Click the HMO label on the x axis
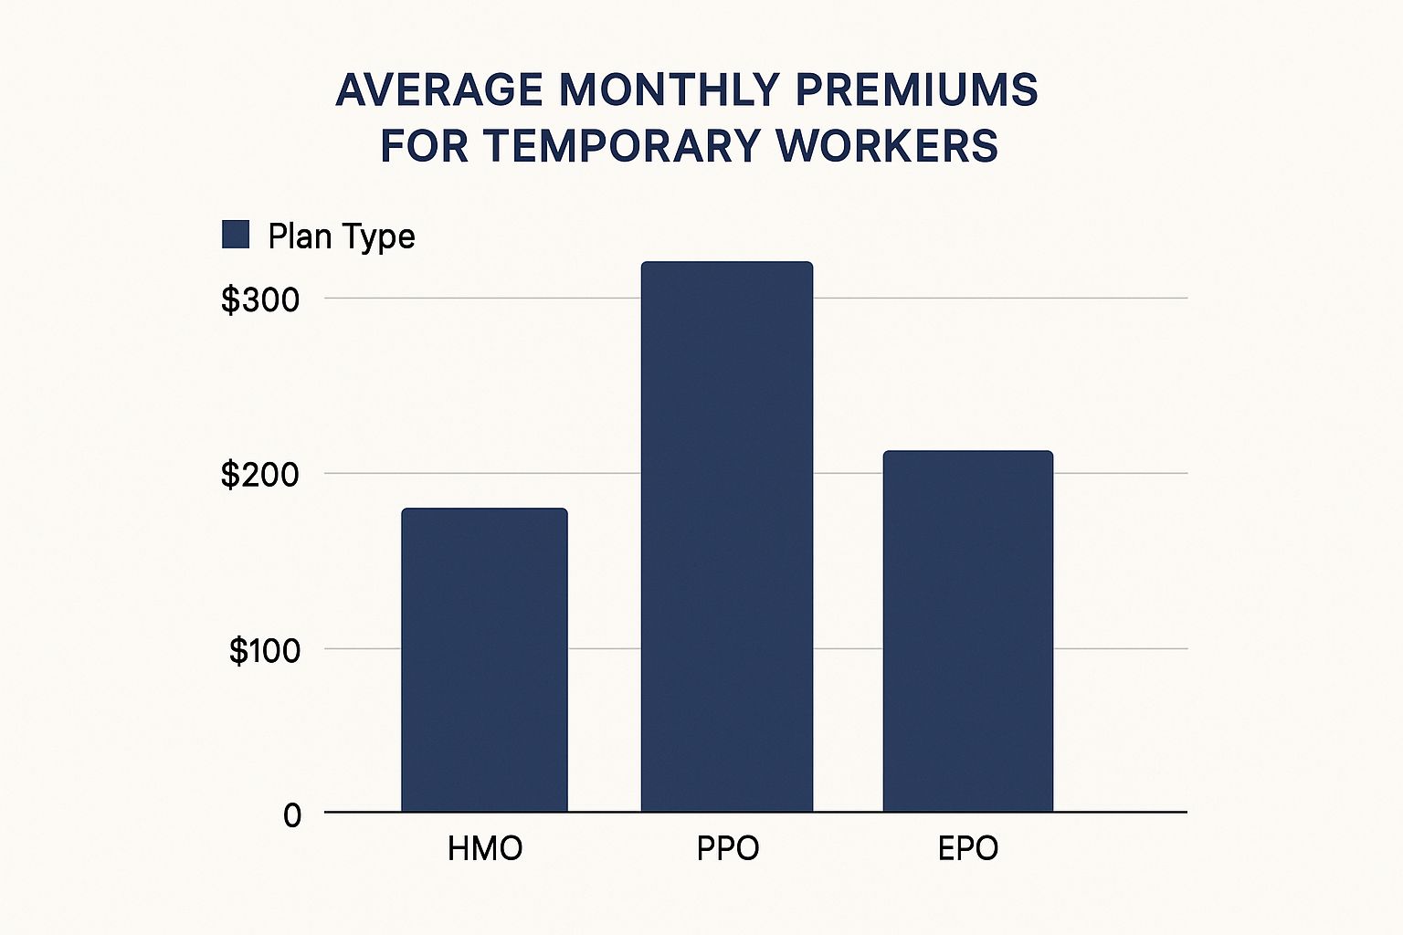pyautogui.click(x=485, y=848)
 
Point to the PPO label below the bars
pyautogui.click(x=728, y=848)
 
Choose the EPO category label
pyautogui.click(x=968, y=848)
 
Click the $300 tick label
pyautogui.click(x=260, y=299)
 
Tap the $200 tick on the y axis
pyautogui.click(x=260, y=475)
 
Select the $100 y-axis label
pyautogui.click(x=264, y=650)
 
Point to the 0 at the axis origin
pyautogui.click(x=291, y=814)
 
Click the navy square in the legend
pyautogui.click(x=236, y=235)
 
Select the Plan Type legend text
pyautogui.click(x=342, y=236)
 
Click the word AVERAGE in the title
pyautogui.click(x=438, y=90)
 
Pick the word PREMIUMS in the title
pyautogui.click(x=917, y=90)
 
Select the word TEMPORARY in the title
pyautogui.click(x=621, y=146)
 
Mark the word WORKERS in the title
pyautogui.click(x=887, y=146)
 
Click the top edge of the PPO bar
pyautogui.click(x=727, y=263)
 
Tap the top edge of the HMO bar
pyautogui.click(x=484, y=510)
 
